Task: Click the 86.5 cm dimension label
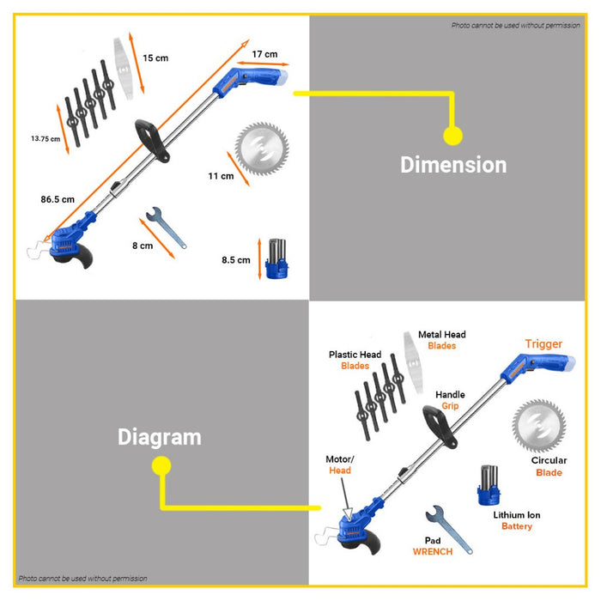pos(58,199)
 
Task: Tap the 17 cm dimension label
pos(264,54)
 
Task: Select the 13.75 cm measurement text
pos(46,139)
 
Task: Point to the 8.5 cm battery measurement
pos(236,260)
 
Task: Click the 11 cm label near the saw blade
pos(221,176)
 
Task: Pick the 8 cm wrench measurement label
pos(143,246)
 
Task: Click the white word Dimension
pos(453,165)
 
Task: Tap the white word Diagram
pos(160,437)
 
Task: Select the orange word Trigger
pos(543,344)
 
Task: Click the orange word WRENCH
pos(433,551)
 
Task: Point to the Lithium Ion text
pos(517,515)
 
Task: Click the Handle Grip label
pos(450,400)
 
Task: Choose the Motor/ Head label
pos(340,464)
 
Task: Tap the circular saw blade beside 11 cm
pos(262,149)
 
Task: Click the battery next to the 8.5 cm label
pos(277,258)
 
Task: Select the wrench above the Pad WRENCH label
pos(448,529)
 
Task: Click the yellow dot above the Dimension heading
pos(453,136)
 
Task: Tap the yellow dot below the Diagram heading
pos(161,465)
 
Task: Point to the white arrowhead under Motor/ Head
pos(348,513)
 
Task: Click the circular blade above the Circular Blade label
pos(539,426)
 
